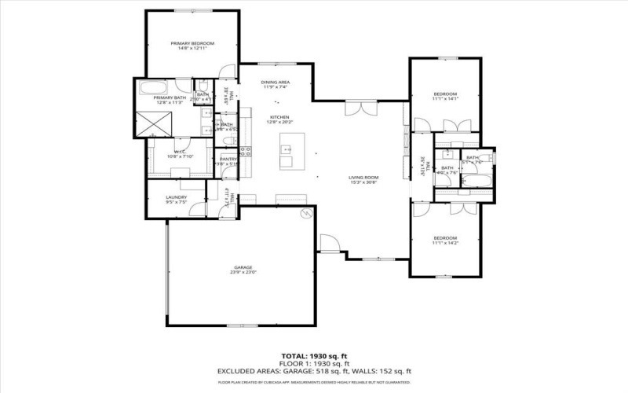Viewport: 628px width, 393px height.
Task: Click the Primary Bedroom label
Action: pyautogui.click(x=192, y=43)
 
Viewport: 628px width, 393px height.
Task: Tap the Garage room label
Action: pyautogui.click(x=243, y=267)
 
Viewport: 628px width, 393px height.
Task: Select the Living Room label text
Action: pyautogui.click(x=363, y=178)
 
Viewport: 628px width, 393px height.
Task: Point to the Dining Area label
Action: pyautogui.click(x=276, y=82)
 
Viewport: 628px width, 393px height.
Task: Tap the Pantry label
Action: pyautogui.click(x=228, y=159)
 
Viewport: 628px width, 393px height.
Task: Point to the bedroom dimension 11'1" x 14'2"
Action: pyautogui.click(x=444, y=243)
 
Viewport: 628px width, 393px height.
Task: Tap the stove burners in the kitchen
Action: pyautogui.click(x=245, y=150)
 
